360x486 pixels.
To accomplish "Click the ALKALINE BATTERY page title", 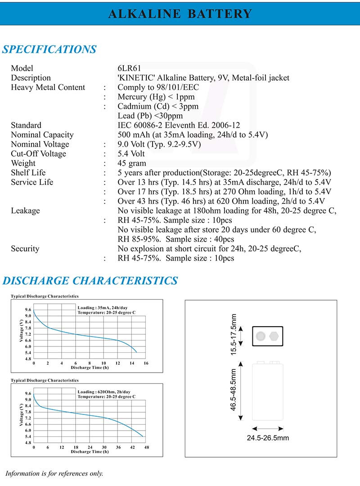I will click(180, 13).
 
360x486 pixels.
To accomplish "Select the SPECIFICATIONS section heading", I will click(49, 49).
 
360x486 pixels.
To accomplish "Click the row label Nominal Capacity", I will click(42, 135).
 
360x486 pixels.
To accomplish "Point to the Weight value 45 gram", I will click(132, 163).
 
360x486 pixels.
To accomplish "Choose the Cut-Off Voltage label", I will click(38, 153).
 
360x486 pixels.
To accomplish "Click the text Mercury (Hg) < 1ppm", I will click(156, 97).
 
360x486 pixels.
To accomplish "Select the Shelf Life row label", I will click(28, 172).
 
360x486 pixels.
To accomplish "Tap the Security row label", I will click(25, 248).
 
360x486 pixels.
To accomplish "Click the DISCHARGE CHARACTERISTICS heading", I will click(90, 281).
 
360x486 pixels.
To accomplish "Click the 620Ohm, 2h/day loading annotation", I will click(104, 392).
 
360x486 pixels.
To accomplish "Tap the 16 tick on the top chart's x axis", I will click(145, 363).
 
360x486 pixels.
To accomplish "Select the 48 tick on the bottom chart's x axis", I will click(146, 447).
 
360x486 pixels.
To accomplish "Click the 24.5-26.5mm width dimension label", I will click(268, 437).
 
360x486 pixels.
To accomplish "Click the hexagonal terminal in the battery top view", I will click(274, 336).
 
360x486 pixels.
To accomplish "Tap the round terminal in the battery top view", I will click(261, 336).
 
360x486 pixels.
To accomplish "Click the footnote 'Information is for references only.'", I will click(54, 473).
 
